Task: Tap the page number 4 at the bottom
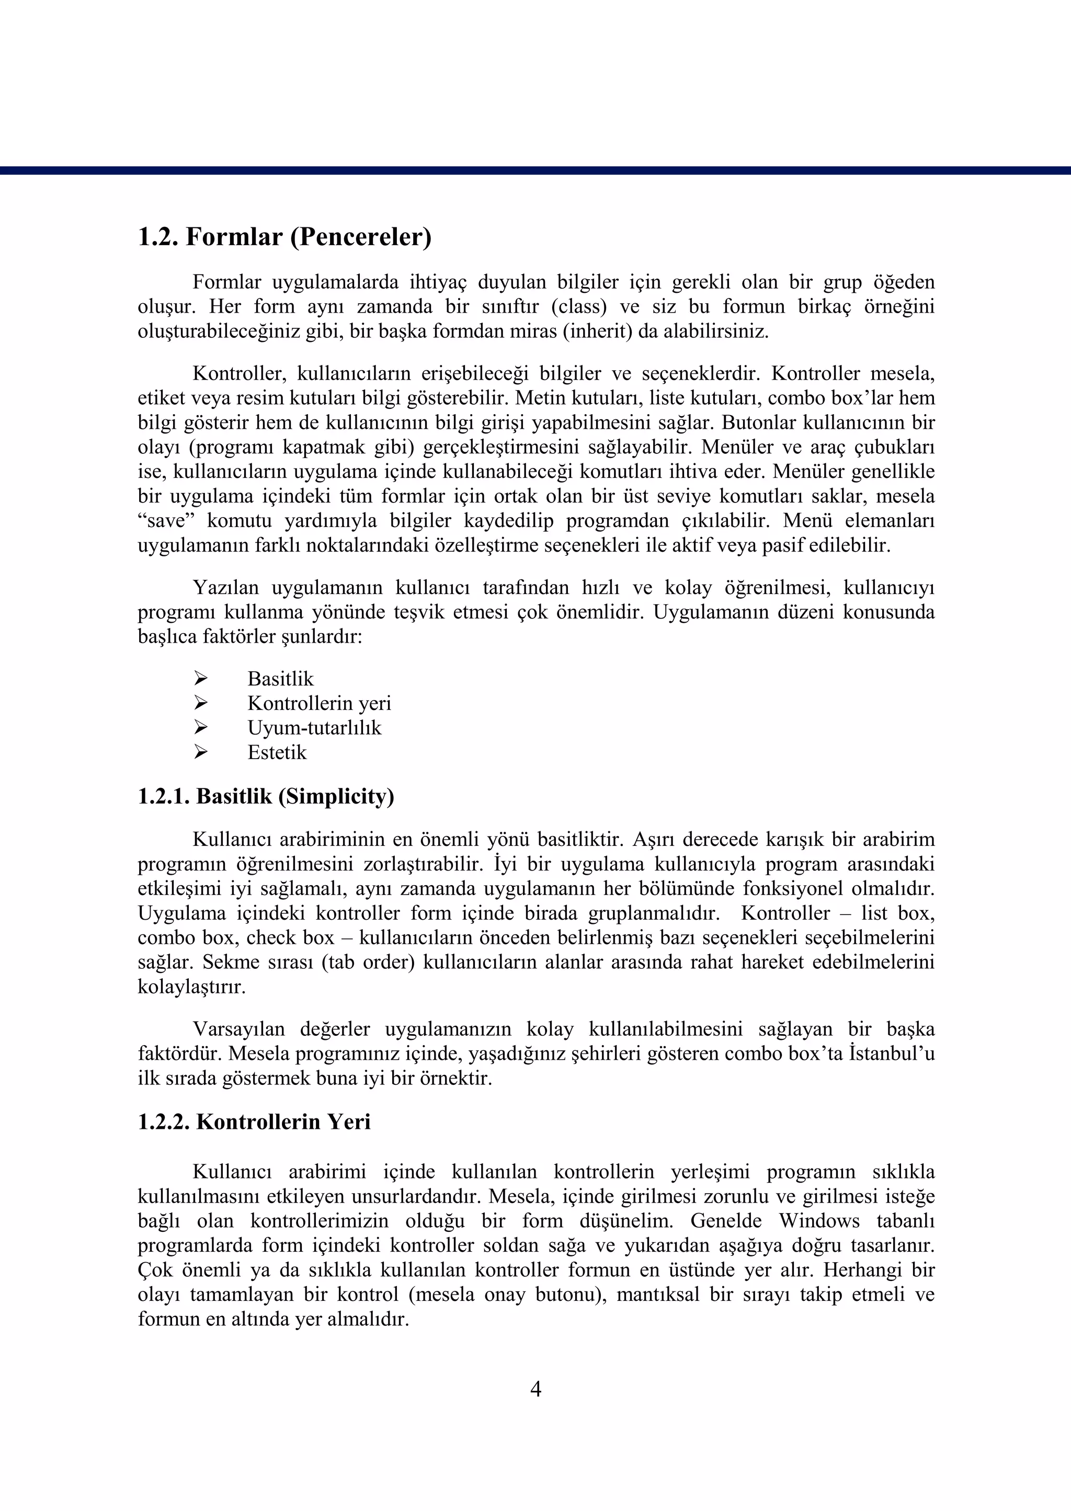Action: click(x=535, y=1390)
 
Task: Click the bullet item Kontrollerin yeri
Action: click(x=319, y=703)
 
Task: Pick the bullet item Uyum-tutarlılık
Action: click(x=314, y=728)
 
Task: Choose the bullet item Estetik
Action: click(x=277, y=752)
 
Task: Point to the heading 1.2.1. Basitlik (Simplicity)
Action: click(x=266, y=796)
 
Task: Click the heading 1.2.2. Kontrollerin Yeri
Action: click(x=254, y=1121)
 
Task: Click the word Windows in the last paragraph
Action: click(x=819, y=1221)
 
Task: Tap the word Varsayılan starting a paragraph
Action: click(x=238, y=1029)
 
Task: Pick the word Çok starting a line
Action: click(x=153, y=1270)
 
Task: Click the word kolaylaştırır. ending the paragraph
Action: click(x=191, y=987)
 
